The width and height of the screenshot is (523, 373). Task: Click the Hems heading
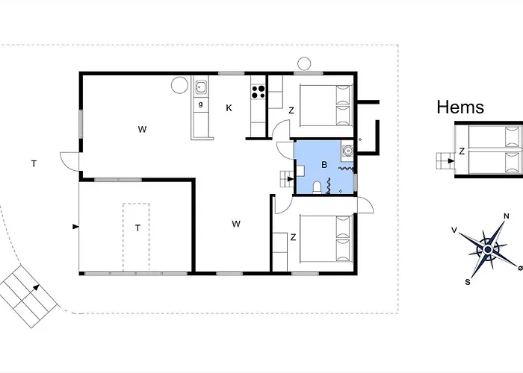[x=460, y=107]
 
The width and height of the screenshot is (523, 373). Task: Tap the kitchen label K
[x=229, y=108]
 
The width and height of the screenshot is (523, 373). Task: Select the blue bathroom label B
[x=324, y=165]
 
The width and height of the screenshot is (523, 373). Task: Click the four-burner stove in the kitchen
[x=259, y=92]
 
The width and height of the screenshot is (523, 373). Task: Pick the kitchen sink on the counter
[x=201, y=87]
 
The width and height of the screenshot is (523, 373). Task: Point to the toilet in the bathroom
[x=317, y=187]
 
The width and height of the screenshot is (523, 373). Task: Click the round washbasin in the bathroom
[x=348, y=151]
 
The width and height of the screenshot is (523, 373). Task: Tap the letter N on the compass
[x=507, y=216]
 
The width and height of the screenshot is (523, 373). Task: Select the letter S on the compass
[x=468, y=282]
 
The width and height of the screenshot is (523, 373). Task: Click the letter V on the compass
[x=454, y=230]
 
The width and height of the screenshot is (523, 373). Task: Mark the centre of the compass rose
[x=488, y=249]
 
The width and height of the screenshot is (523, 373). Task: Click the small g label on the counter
[x=200, y=104]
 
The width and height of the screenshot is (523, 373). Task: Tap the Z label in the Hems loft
[x=462, y=151]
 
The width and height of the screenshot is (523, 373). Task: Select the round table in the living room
[x=179, y=85]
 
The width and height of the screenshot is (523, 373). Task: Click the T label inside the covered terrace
[x=137, y=228]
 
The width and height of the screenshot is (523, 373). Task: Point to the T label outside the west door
[x=34, y=163]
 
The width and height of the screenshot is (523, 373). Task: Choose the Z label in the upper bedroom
[x=291, y=110]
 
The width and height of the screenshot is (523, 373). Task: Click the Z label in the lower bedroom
[x=293, y=237]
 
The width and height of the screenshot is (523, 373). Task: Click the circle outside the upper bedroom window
[x=304, y=63]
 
